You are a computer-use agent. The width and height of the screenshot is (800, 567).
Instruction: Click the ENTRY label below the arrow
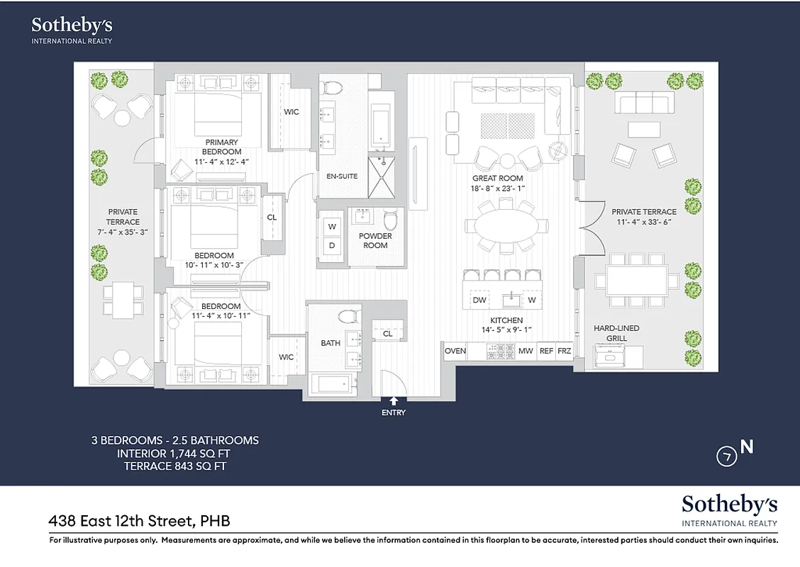394,412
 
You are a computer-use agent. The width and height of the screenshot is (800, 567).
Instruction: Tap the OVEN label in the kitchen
455,351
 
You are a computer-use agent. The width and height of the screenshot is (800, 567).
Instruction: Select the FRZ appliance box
564,351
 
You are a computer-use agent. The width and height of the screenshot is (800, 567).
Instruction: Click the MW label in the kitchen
525,351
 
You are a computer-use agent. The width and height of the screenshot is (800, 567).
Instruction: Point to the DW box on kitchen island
479,301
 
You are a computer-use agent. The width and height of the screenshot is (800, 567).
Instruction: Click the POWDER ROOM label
375,241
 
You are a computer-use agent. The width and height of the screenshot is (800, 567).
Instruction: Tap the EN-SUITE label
343,176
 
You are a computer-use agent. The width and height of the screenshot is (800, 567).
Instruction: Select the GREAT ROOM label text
497,179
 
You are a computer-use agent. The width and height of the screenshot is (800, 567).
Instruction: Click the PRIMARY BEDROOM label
221,147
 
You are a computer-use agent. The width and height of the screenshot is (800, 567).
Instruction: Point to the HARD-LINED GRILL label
616,333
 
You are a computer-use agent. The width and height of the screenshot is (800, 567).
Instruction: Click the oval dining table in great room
506,226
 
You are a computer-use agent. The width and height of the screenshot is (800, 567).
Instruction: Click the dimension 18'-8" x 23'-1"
497,189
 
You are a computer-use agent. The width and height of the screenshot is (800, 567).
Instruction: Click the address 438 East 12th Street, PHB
139,522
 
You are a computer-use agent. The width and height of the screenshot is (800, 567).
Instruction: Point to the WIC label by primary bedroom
291,112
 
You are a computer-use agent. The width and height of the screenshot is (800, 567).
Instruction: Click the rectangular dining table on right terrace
636,280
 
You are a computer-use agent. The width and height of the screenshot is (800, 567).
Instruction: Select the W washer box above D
330,227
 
